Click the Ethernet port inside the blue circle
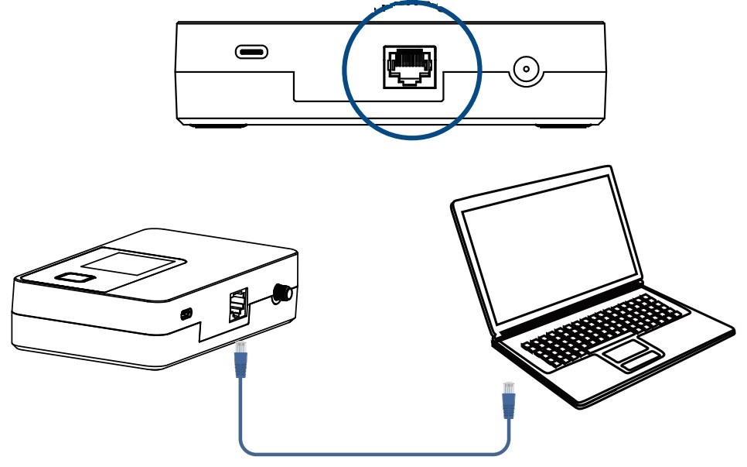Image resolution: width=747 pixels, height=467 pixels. pos(409,67)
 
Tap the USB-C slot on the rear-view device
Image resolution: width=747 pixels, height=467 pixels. pos(252,53)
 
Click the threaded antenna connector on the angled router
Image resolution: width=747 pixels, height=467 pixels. pos(281,293)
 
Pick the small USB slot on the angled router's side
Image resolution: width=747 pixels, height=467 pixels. pos(186,314)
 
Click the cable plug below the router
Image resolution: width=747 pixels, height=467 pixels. pos(240,358)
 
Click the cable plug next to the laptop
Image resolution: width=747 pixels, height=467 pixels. pos(508,399)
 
